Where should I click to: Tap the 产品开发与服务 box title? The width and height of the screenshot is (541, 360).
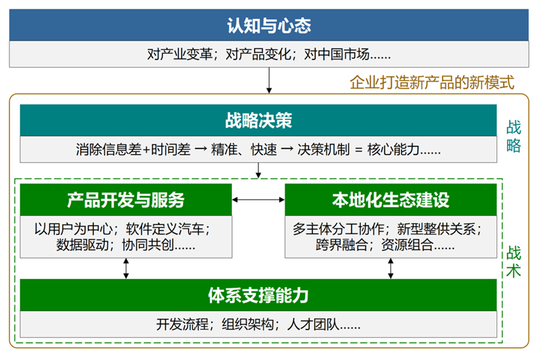pyautogui.click(x=126, y=200)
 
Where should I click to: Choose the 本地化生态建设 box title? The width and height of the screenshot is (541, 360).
pyautogui.click(x=390, y=200)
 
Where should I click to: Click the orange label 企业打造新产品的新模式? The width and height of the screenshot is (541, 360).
pyautogui.click(x=432, y=83)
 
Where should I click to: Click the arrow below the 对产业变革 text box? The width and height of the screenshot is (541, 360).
pyautogui.click(x=269, y=80)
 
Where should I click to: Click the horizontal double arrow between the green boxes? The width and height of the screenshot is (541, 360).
pyautogui.click(x=258, y=200)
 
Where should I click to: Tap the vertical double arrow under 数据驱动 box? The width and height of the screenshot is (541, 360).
pyautogui.click(x=126, y=268)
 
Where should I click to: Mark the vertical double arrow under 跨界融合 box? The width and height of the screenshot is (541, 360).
pyautogui.click(x=390, y=268)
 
